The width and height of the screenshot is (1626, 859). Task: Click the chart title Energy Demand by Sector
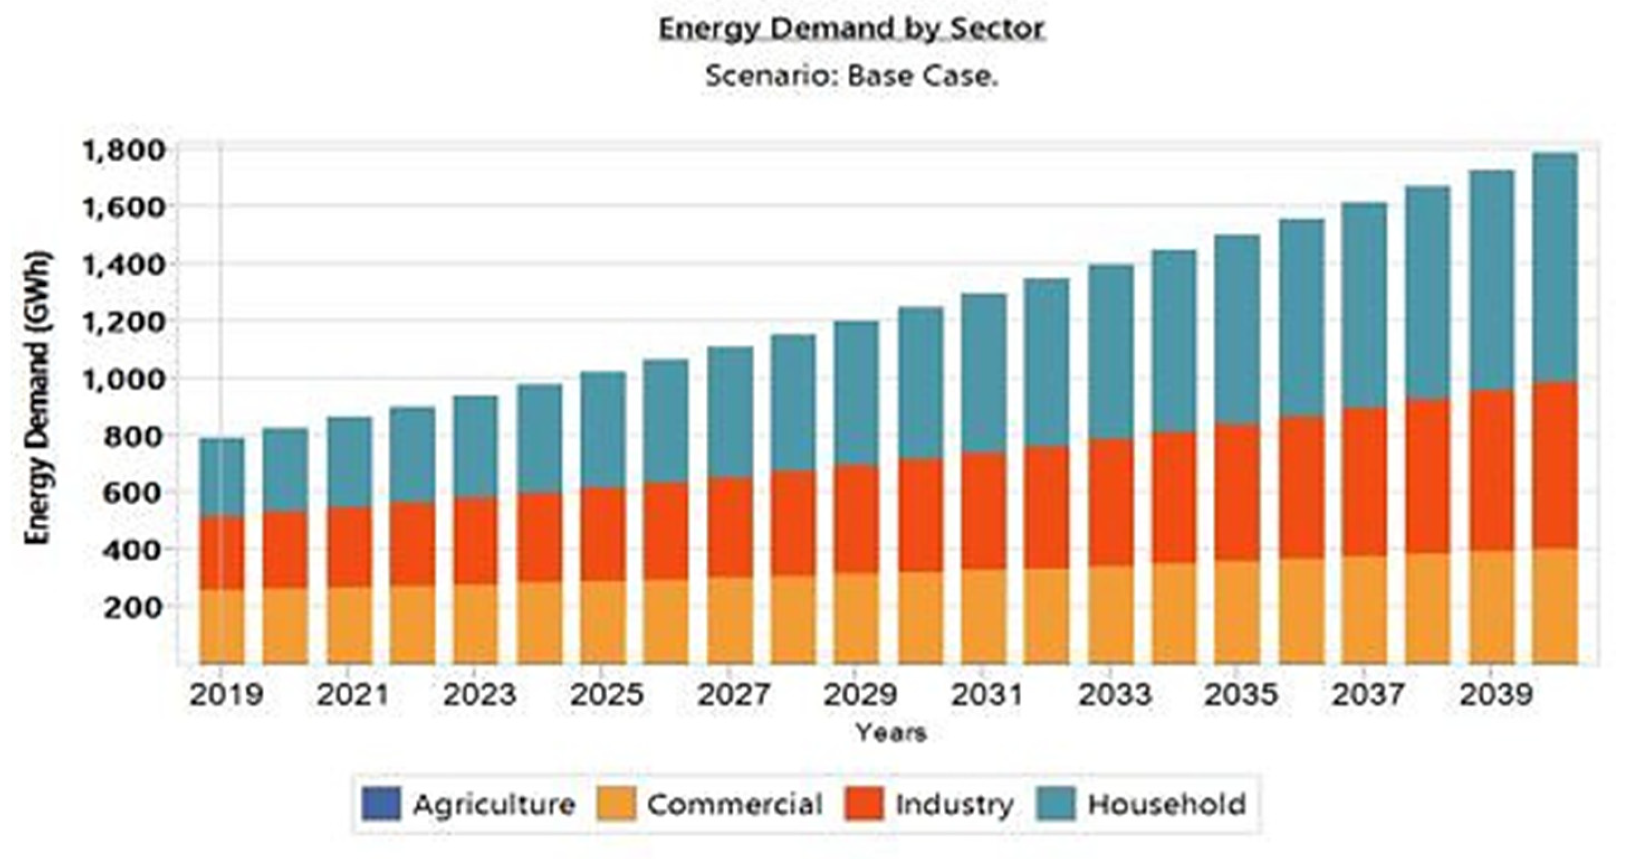(851, 29)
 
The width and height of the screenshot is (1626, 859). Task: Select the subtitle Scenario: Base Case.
(851, 76)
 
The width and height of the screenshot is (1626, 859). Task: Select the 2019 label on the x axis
(226, 695)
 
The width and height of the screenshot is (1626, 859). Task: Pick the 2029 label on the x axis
(860, 695)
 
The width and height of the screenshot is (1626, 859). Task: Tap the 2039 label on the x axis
(1495, 695)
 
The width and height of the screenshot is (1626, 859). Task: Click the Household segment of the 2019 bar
(222, 477)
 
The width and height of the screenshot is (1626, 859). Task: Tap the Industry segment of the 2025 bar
(603, 534)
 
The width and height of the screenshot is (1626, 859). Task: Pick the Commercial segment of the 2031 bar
(984, 616)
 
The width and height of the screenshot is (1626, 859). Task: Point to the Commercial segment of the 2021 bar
(349, 625)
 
